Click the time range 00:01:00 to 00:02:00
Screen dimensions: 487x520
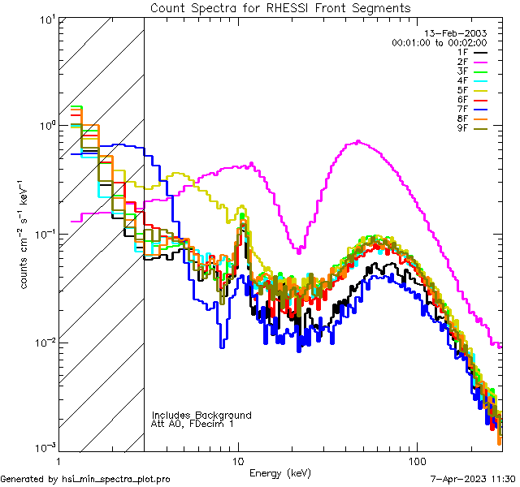[440, 42]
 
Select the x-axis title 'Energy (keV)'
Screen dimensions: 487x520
[280, 472]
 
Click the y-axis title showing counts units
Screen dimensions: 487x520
[24, 233]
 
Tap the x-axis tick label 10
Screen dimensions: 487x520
[238, 461]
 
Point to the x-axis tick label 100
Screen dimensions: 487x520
[416, 461]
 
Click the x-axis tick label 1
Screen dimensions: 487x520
[61, 461]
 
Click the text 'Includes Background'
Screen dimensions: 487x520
[201, 415]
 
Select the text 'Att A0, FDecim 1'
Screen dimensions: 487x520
[193, 424]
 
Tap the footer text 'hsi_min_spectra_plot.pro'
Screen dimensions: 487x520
[116, 480]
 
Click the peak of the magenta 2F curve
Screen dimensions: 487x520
[359, 141]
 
